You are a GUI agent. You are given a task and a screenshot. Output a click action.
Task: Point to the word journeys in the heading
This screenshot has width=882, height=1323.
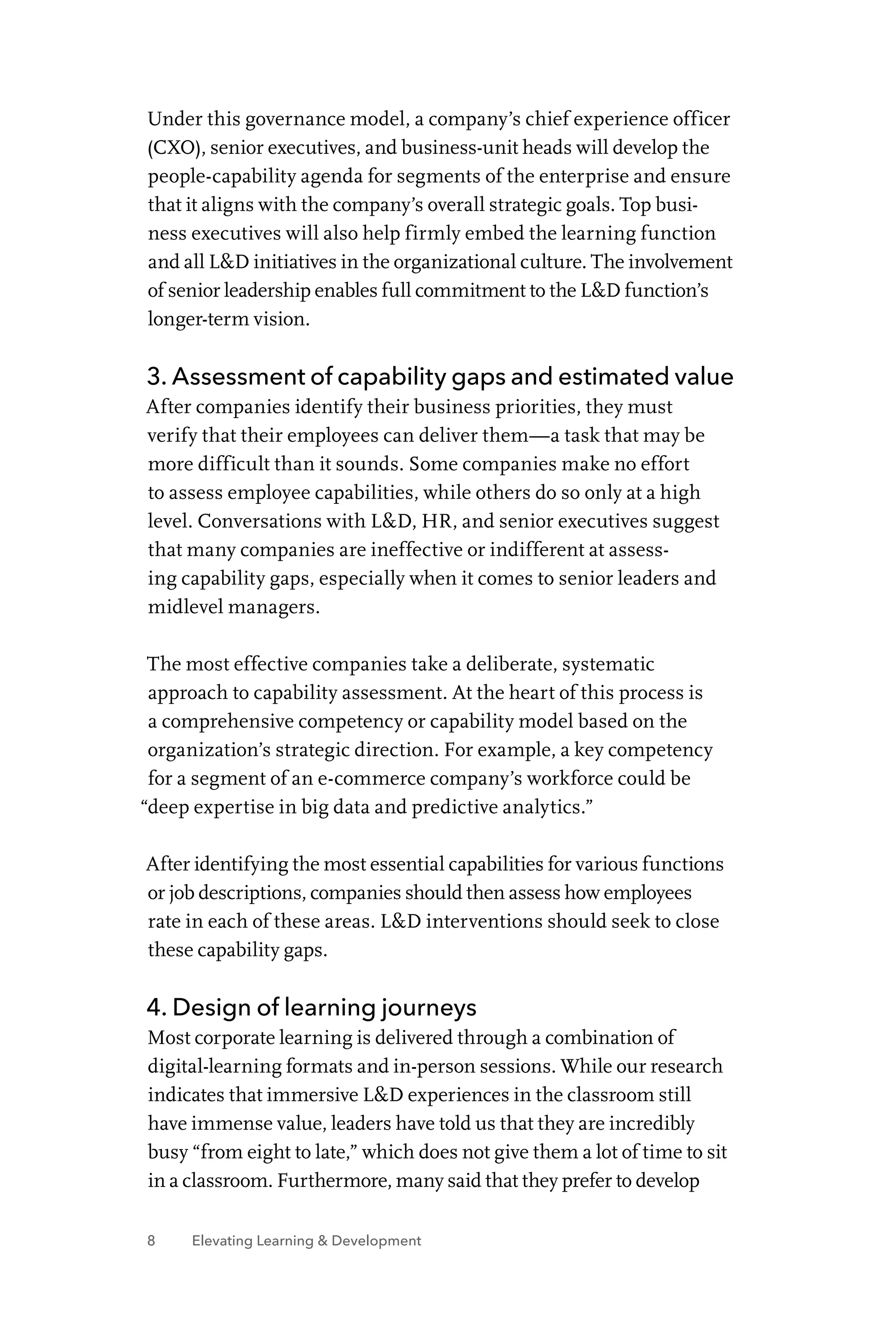(x=428, y=1007)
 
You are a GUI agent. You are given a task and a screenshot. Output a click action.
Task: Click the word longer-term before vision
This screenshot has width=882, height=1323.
(x=197, y=320)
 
